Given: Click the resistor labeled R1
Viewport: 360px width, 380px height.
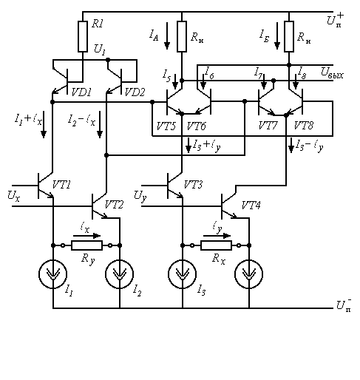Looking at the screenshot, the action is coord(83,36).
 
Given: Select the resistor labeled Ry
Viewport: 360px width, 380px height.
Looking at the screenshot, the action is coord(86,245).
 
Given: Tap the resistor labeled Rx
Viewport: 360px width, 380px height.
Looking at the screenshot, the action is coord(216,245).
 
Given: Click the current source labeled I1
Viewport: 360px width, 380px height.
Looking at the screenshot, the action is coord(52,274).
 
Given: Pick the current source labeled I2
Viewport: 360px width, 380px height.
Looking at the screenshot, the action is coord(120,274).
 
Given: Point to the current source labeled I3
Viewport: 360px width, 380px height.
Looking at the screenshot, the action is coord(183,274).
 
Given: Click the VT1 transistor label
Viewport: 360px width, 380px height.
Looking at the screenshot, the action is coord(61,185).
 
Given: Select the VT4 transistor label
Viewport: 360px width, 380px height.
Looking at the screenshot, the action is coord(251,205).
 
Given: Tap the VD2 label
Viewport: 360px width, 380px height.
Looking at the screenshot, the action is coord(135,92).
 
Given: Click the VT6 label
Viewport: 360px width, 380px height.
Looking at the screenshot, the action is coord(196,126).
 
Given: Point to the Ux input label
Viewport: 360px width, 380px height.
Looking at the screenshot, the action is coord(13,196).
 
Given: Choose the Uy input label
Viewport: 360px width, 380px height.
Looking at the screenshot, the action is coord(140,197).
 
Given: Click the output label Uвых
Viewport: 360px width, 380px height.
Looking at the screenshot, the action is coord(332,72).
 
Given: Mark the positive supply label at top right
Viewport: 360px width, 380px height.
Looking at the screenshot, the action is coord(336,20).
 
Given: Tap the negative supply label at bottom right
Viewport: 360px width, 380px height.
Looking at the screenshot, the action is coord(344,305).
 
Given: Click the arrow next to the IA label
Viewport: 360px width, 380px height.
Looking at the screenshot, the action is coord(167,35).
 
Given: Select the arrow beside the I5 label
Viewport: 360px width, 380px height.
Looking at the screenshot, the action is coord(175,81).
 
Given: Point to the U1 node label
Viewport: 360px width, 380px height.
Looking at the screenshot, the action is coord(100,50).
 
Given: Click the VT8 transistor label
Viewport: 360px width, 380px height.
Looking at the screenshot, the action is coord(304,126).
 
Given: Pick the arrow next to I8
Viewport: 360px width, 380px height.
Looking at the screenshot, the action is coord(296,81).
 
